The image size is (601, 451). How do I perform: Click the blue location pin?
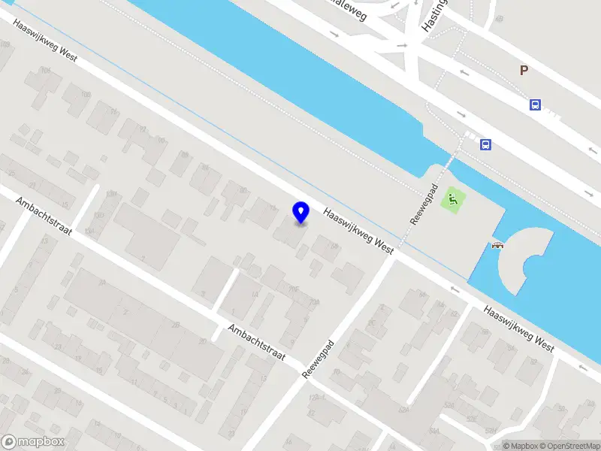[x=301, y=212]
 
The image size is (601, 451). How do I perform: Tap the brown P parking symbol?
[x=524, y=71]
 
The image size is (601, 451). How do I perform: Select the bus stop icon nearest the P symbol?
[x=535, y=105]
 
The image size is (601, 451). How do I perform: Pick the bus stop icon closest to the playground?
[x=486, y=145]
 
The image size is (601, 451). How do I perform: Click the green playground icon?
[x=453, y=200]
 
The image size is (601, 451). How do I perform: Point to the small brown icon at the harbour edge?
[x=497, y=244]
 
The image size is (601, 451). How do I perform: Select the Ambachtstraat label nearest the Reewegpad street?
[x=257, y=342]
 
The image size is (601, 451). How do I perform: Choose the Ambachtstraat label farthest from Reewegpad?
[x=44, y=216]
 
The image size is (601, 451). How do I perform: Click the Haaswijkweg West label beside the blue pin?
[x=359, y=231]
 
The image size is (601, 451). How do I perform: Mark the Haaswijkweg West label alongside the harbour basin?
[x=519, y=328]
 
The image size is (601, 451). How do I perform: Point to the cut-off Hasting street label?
[x=434, y=15]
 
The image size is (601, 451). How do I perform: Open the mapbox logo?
[x=33, y=442]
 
